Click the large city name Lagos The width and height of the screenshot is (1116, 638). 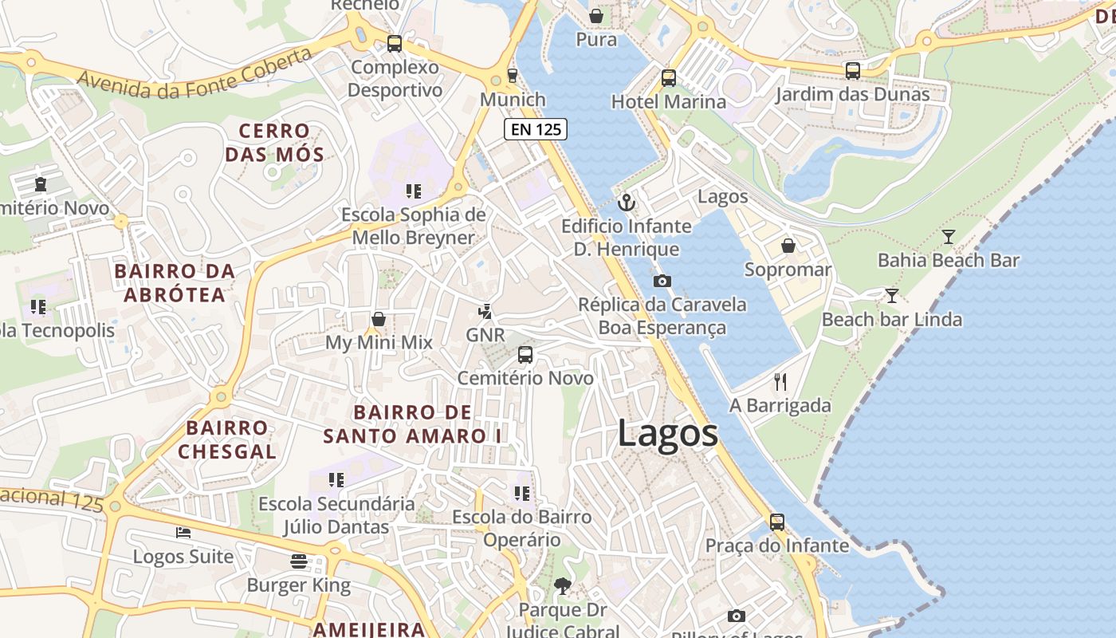668,434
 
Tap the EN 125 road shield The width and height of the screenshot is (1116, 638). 535,128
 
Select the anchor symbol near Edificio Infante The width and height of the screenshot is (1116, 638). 627,203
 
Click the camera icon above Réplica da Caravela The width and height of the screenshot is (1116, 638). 662,281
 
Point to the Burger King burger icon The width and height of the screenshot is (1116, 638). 299,561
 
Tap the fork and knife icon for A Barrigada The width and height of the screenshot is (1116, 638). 780,382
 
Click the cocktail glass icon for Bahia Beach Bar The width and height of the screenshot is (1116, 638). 948,237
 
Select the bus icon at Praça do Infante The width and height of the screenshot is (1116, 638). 777,522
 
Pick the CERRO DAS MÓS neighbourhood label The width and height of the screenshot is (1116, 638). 274,142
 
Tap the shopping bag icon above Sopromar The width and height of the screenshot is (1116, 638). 788,246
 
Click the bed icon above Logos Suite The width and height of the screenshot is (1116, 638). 183,533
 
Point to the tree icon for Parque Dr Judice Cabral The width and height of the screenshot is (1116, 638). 562,586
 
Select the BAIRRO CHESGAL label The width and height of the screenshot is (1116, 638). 227,439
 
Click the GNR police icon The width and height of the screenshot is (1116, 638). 485,311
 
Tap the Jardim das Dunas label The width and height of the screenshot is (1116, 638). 853,94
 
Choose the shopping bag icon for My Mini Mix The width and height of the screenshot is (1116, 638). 379,319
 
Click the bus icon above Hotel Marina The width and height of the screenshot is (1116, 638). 668,78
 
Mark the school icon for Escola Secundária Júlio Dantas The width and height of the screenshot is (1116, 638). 336,480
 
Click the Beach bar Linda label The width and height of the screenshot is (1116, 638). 891,320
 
